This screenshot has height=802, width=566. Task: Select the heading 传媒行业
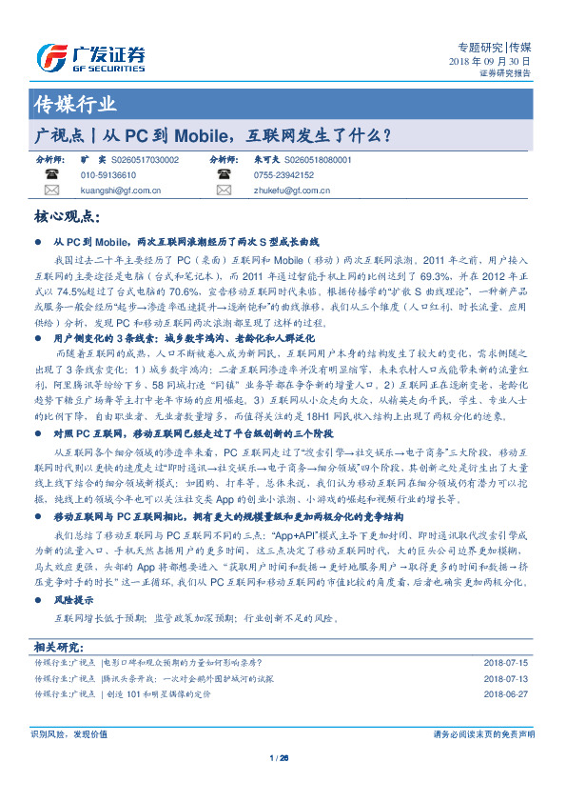[x=75, y=104]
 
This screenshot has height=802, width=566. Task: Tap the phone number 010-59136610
[x=107, y=175]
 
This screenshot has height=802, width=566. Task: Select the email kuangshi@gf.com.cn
[x=120, y=190]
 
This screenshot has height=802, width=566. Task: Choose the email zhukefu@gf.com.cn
[x=292, y=190]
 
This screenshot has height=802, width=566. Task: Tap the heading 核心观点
[x=68, y=217]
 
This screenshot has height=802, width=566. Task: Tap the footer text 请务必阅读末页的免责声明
[x=483, y=734]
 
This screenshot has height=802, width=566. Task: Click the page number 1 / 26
[x=279, y=758]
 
